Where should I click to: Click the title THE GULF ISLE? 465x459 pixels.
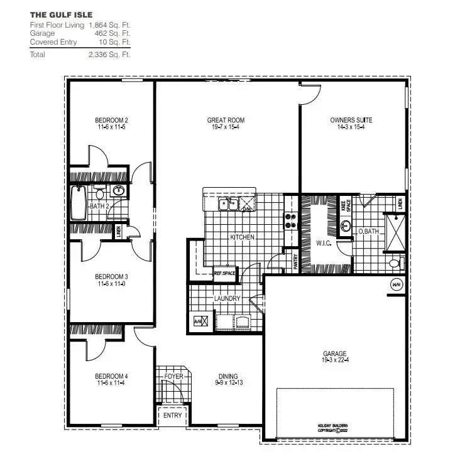[52, 13]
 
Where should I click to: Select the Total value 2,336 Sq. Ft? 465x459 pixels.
[109, 55]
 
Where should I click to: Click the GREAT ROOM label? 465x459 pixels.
[226, 120]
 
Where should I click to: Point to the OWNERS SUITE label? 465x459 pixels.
[351, 120]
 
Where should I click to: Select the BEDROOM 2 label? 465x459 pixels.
[112, 120]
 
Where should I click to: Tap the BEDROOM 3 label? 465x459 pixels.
[112, 276]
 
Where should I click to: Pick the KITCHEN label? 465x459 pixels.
[242, 237]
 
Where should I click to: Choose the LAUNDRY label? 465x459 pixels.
[227, 299]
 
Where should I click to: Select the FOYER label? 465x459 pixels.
[173, 377]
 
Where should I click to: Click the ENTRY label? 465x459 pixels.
[173, 415]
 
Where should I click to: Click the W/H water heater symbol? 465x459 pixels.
[397, 283]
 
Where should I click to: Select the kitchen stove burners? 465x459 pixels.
[291, 220]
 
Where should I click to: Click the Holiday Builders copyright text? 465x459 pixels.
[332, 428]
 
